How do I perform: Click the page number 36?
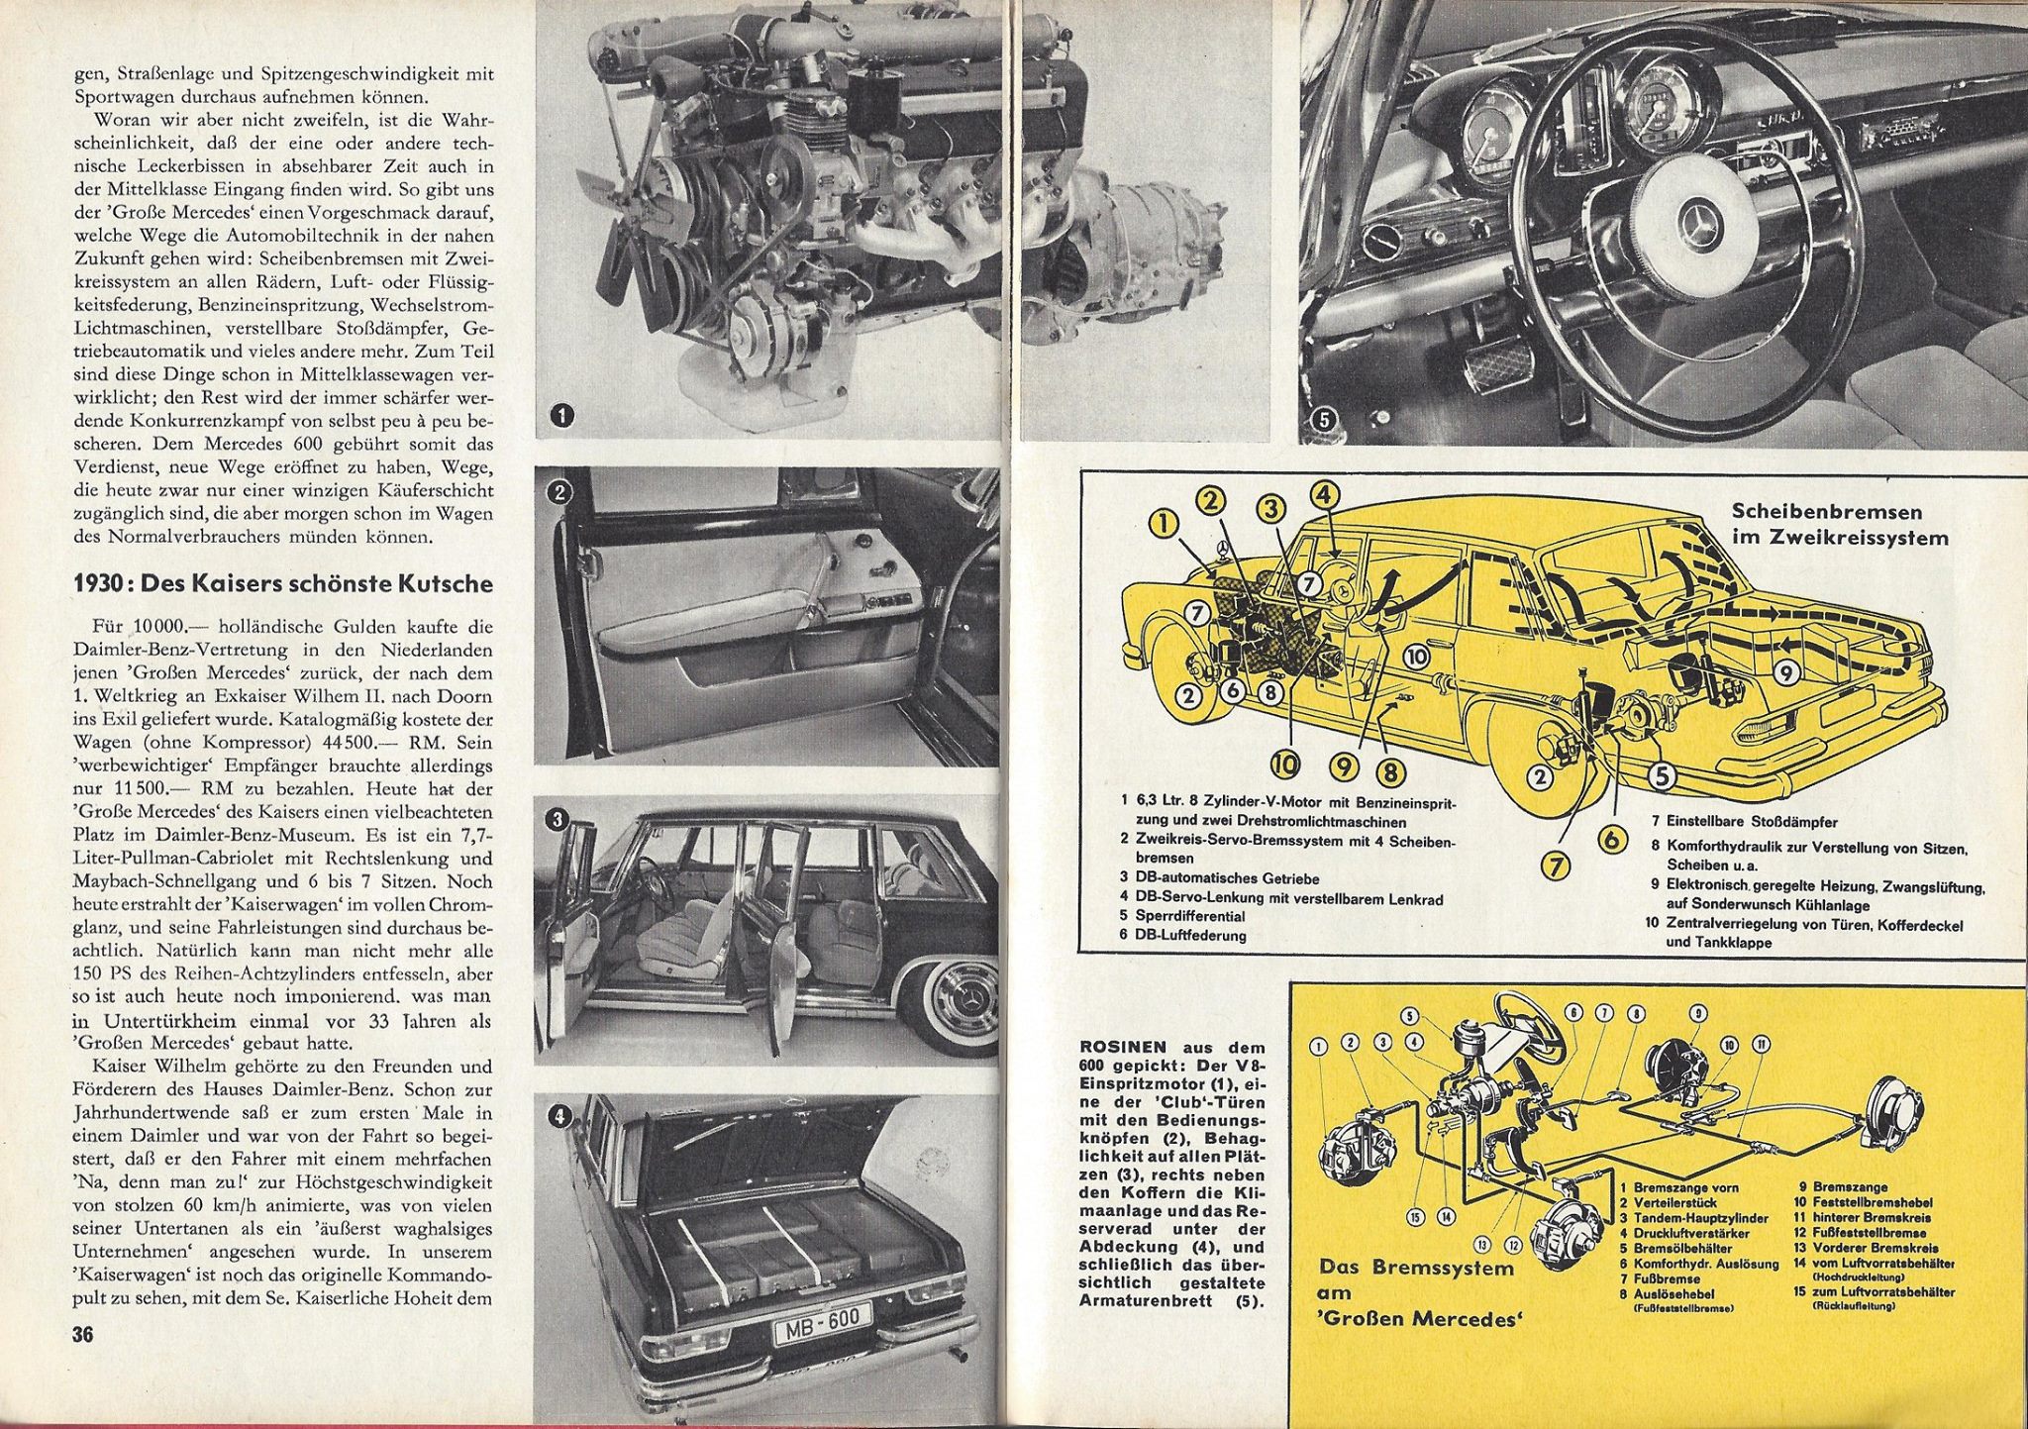tap(82, 1335)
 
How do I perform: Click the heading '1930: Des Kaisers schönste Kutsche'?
tap(283, 583)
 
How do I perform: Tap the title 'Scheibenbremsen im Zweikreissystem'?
tap(1840, 525)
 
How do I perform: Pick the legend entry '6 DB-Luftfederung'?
tap(1183, 935)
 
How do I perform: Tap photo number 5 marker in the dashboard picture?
tap(1326, 421)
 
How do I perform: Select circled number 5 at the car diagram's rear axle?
tap(1661, 776)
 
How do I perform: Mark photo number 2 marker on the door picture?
tap(560, 490)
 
